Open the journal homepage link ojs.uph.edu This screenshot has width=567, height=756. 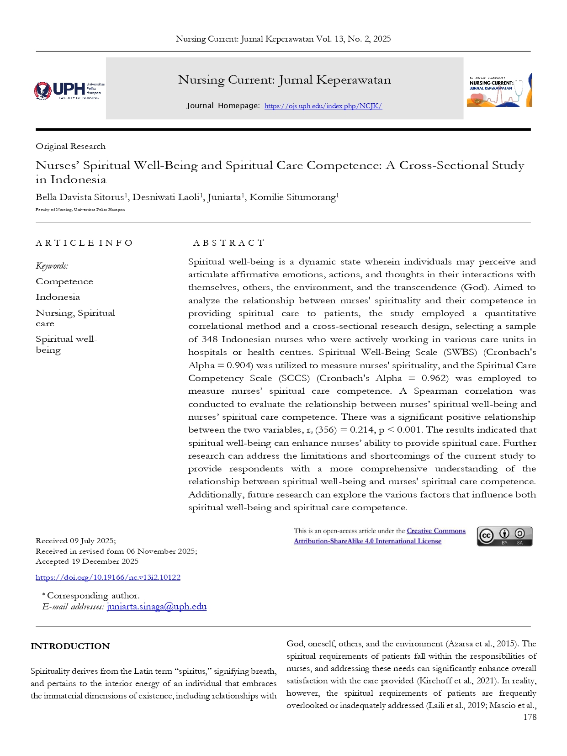point(323,106)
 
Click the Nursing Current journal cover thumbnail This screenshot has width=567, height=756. point(499,90)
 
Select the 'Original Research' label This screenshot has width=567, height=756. point(70,147)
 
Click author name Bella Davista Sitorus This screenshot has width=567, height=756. point(79,197)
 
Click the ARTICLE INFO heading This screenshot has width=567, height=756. point(84,243)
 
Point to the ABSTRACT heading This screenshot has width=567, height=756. point(228,243)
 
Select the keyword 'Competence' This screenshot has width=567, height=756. point(64,282)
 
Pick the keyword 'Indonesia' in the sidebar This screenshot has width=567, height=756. point(58,297)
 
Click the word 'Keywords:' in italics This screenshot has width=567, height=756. point(52,266)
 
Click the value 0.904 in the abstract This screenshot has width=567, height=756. point(239,365)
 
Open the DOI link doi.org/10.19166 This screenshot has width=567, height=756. point(108,577)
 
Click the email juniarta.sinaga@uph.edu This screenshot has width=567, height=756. point(156,607)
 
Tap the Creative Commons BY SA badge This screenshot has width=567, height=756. point(504,536)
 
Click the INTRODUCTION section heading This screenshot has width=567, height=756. point(70,646)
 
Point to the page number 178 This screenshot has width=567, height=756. point(530,717)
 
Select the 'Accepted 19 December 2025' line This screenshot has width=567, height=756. point(87,561)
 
